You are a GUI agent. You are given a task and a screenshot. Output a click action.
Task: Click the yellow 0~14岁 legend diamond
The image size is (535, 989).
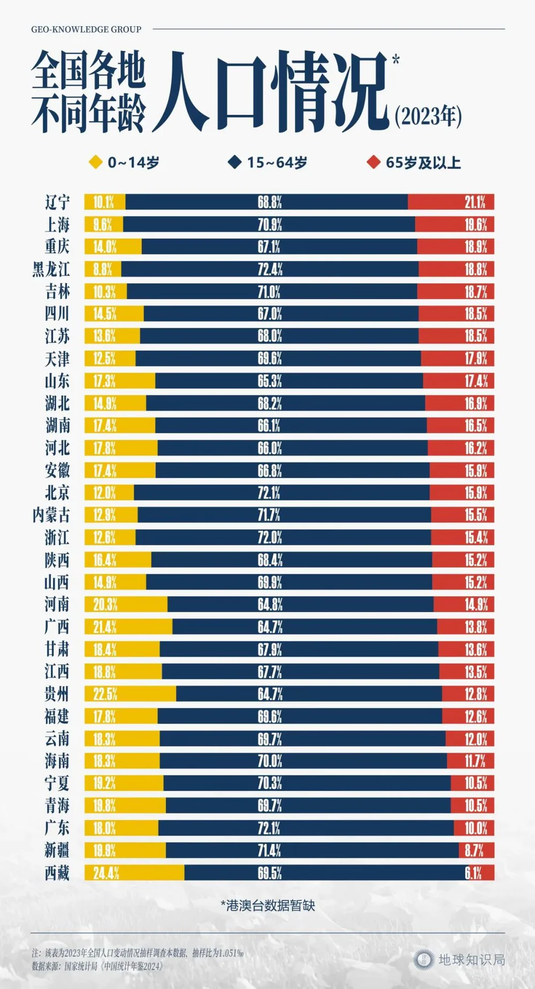[95, 162]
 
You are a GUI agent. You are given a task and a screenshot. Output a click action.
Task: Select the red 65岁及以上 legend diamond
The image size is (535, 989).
[373, 162]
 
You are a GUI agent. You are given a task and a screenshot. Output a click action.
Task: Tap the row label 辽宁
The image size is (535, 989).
[57, 202]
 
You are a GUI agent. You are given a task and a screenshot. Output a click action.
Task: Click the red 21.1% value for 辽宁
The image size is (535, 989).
[475, 202]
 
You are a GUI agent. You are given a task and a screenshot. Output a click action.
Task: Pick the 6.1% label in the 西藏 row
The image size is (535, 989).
[473, 873]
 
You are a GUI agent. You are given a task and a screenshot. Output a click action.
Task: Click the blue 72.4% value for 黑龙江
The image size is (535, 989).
[270, 269]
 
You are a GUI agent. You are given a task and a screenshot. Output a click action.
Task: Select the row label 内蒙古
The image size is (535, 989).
[51, 515]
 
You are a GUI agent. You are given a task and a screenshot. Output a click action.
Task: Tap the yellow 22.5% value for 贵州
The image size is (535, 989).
[105, 694]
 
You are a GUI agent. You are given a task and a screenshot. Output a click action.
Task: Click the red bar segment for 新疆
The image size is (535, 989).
[476, 850]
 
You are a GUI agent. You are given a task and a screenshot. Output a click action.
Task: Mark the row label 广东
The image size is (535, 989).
[57, 828]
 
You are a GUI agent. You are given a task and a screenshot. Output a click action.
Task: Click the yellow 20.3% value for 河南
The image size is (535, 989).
[105, 604]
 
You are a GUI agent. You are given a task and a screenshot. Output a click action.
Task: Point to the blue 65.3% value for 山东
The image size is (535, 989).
[270, 381]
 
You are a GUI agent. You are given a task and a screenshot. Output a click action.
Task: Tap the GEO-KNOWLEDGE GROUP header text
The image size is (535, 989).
[86, 29]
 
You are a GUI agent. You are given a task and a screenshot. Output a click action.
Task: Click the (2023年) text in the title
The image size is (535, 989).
[428, 116]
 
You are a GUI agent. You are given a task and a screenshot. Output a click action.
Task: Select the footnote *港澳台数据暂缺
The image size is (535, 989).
[267, 906]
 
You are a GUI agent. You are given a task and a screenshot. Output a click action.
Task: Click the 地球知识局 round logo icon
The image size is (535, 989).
[424, 960]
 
